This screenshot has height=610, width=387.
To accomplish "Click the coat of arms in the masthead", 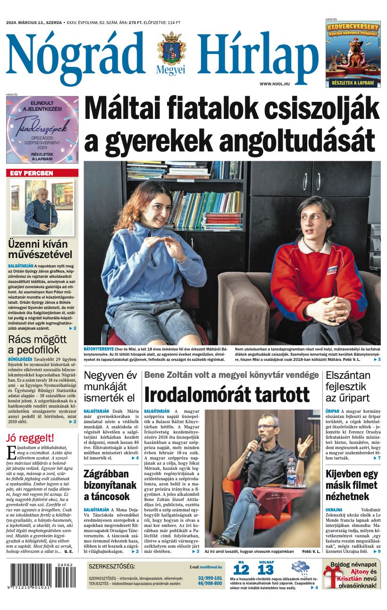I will pos(171,49).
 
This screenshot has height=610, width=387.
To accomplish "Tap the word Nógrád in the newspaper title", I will pos(76,53).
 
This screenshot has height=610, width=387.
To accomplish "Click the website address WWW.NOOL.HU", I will pos(275,84).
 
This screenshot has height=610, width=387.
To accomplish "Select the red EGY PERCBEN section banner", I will pos(42,173).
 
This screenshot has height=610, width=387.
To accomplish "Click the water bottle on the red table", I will pos(291,472).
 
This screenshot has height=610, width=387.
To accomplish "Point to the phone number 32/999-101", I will pos(210,577).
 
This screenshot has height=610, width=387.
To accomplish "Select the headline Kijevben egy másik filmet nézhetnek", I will pos(352,485).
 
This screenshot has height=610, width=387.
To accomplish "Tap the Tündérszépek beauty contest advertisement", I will pos(42,130).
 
